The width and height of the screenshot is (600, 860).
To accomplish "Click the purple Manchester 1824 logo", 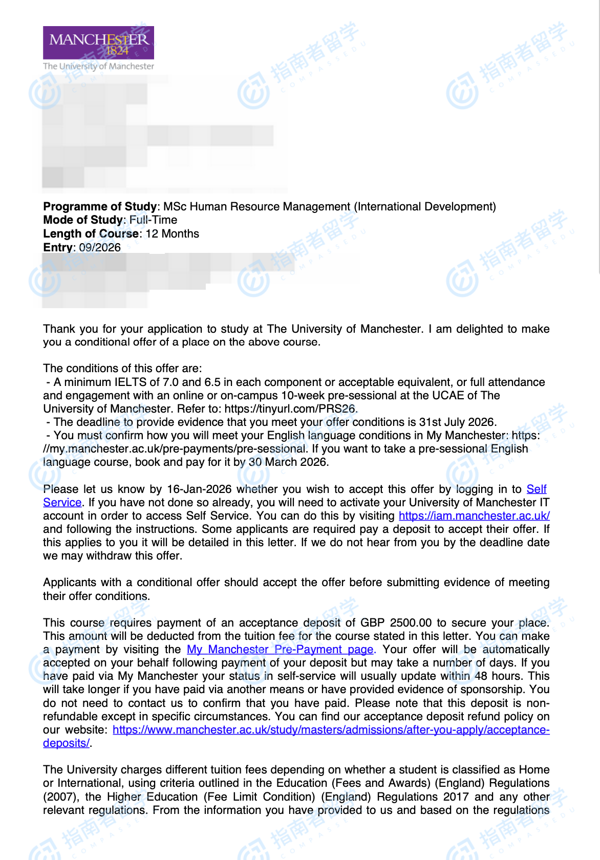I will point(98,42).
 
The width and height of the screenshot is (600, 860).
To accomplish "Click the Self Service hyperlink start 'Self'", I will point(536,489).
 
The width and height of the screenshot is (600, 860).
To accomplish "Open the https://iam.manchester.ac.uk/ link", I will point(474,515).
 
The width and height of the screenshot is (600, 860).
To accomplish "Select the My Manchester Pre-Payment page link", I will point(280,649).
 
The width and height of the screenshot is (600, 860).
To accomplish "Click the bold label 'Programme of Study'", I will point(100,206).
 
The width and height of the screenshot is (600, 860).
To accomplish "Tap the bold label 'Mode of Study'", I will point(83,220).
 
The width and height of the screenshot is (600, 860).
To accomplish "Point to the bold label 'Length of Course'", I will point(91,233).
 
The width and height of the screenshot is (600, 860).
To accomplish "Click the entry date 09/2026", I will point(100,247).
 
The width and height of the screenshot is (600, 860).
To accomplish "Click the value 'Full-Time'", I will point(154,220).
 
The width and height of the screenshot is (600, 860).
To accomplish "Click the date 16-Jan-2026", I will point(199,489).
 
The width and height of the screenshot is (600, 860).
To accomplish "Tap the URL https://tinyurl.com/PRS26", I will point(290,408).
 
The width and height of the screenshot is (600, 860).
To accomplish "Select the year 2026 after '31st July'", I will point(481,422).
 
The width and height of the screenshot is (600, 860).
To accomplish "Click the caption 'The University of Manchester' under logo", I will point(98,66).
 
